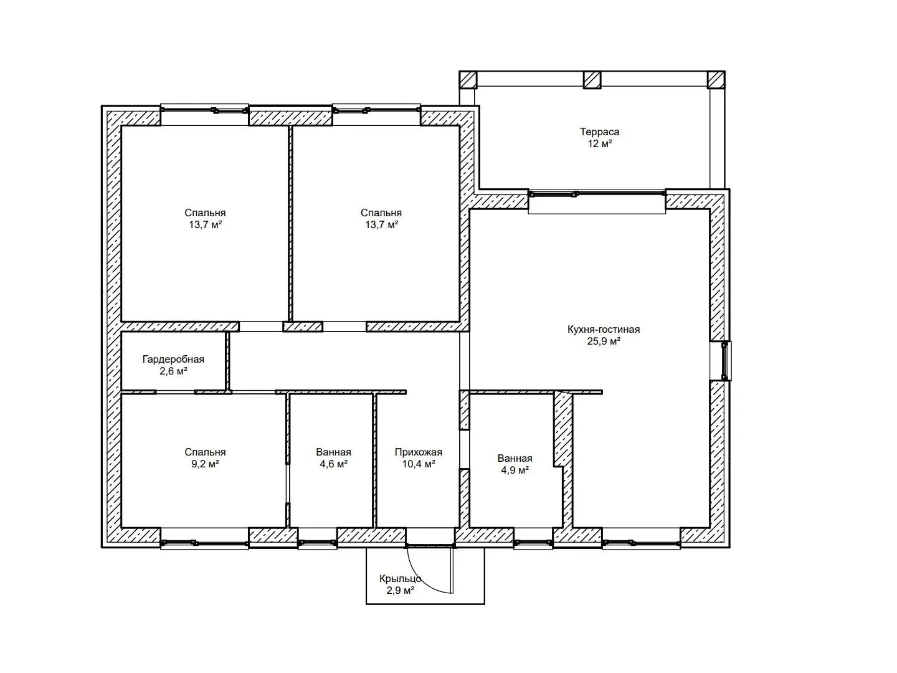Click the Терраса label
(x=599, y=132)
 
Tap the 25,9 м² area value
(x=604, y=341)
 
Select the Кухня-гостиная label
(x=604, y=330)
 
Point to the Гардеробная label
(x=173, y=360)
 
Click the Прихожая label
(x=419, y=452)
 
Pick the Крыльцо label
(x=400, y=579)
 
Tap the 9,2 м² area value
(x=205, y=464)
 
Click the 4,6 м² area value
(x=333, y=464)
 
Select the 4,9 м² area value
(x=515, y=470)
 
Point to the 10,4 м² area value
(x=419, y=464)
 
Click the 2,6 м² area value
(x=173, y=371)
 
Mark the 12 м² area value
(x=599, y=144)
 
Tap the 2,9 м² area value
(x=401, y=591)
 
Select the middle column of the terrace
(x=592, y=80)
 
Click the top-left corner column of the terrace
(x=468, y=80)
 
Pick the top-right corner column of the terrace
(x=716, y=80)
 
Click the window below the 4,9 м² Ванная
(x=533, y=543)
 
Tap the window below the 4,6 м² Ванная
(x=318, y=543)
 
